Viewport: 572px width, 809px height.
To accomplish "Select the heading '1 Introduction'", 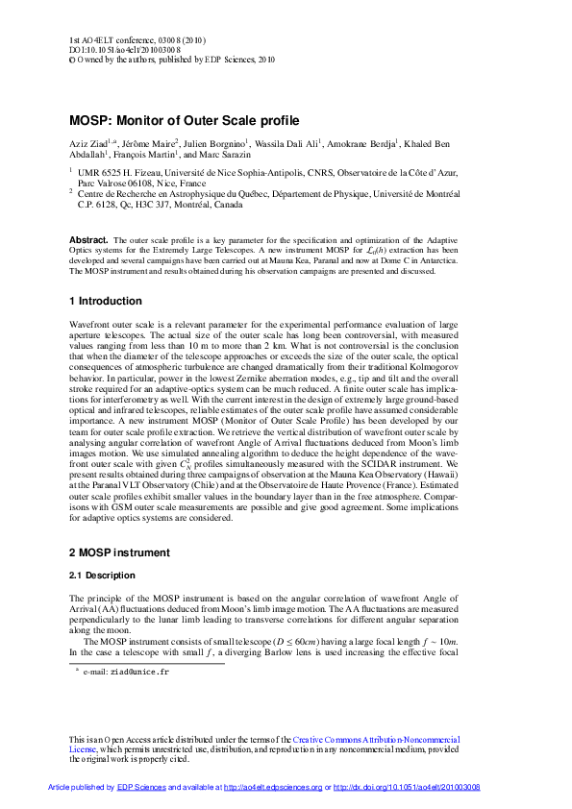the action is click(106, 301).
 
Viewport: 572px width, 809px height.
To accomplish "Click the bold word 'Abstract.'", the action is click(88, 238).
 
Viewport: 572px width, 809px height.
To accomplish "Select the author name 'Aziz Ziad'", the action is click(88, 143).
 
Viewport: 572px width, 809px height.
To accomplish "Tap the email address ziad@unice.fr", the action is click(140, 673).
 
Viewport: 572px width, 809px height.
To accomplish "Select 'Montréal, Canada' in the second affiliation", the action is click(209, 205).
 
